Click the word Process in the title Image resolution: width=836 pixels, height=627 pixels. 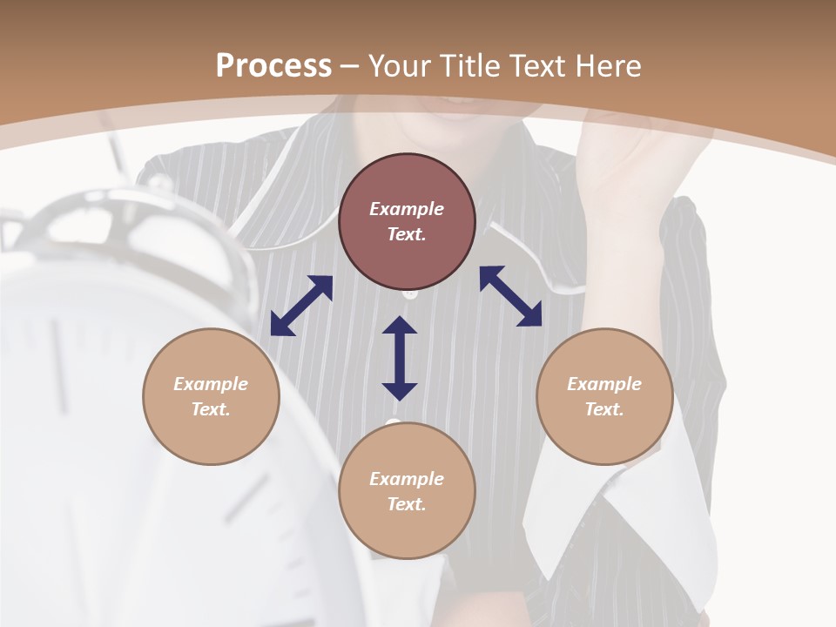[x=273, y=66]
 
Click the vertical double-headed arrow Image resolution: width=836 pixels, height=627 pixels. [x=400, y=358]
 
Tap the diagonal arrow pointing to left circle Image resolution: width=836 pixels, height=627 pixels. [x=301, y=306]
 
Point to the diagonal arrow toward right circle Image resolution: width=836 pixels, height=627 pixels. [x=510, y=297]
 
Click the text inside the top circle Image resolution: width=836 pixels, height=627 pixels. [x=407, y=221]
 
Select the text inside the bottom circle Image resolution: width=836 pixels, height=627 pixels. [x=407, y=491]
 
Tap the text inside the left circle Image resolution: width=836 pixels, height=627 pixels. [x=211, y=396]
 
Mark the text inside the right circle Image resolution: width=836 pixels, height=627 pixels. [x=604, y=396]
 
